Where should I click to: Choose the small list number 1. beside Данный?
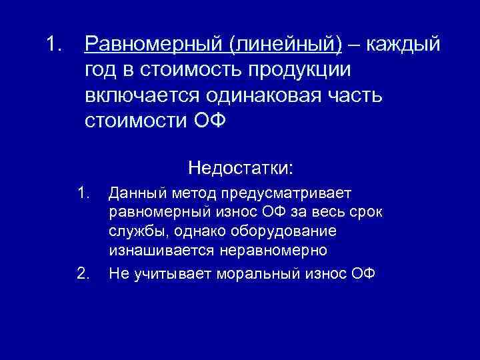(83, 194)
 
